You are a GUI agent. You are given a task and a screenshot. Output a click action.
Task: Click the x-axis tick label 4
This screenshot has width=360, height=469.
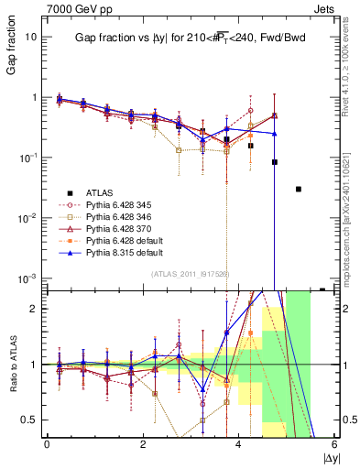[x=239, y=444]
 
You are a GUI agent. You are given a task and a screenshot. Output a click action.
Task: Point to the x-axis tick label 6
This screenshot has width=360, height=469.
[x=335, y=444]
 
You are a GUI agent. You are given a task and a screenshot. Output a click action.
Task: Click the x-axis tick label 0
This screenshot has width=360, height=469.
[x=47, y=444]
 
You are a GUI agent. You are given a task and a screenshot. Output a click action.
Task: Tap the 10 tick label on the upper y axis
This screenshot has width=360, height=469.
[x=30, y=37]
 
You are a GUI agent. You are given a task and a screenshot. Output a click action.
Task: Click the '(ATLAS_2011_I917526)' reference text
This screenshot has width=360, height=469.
[x=190, y=273]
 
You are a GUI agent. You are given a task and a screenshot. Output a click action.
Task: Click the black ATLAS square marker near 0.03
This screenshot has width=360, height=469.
[x=299, y=189]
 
